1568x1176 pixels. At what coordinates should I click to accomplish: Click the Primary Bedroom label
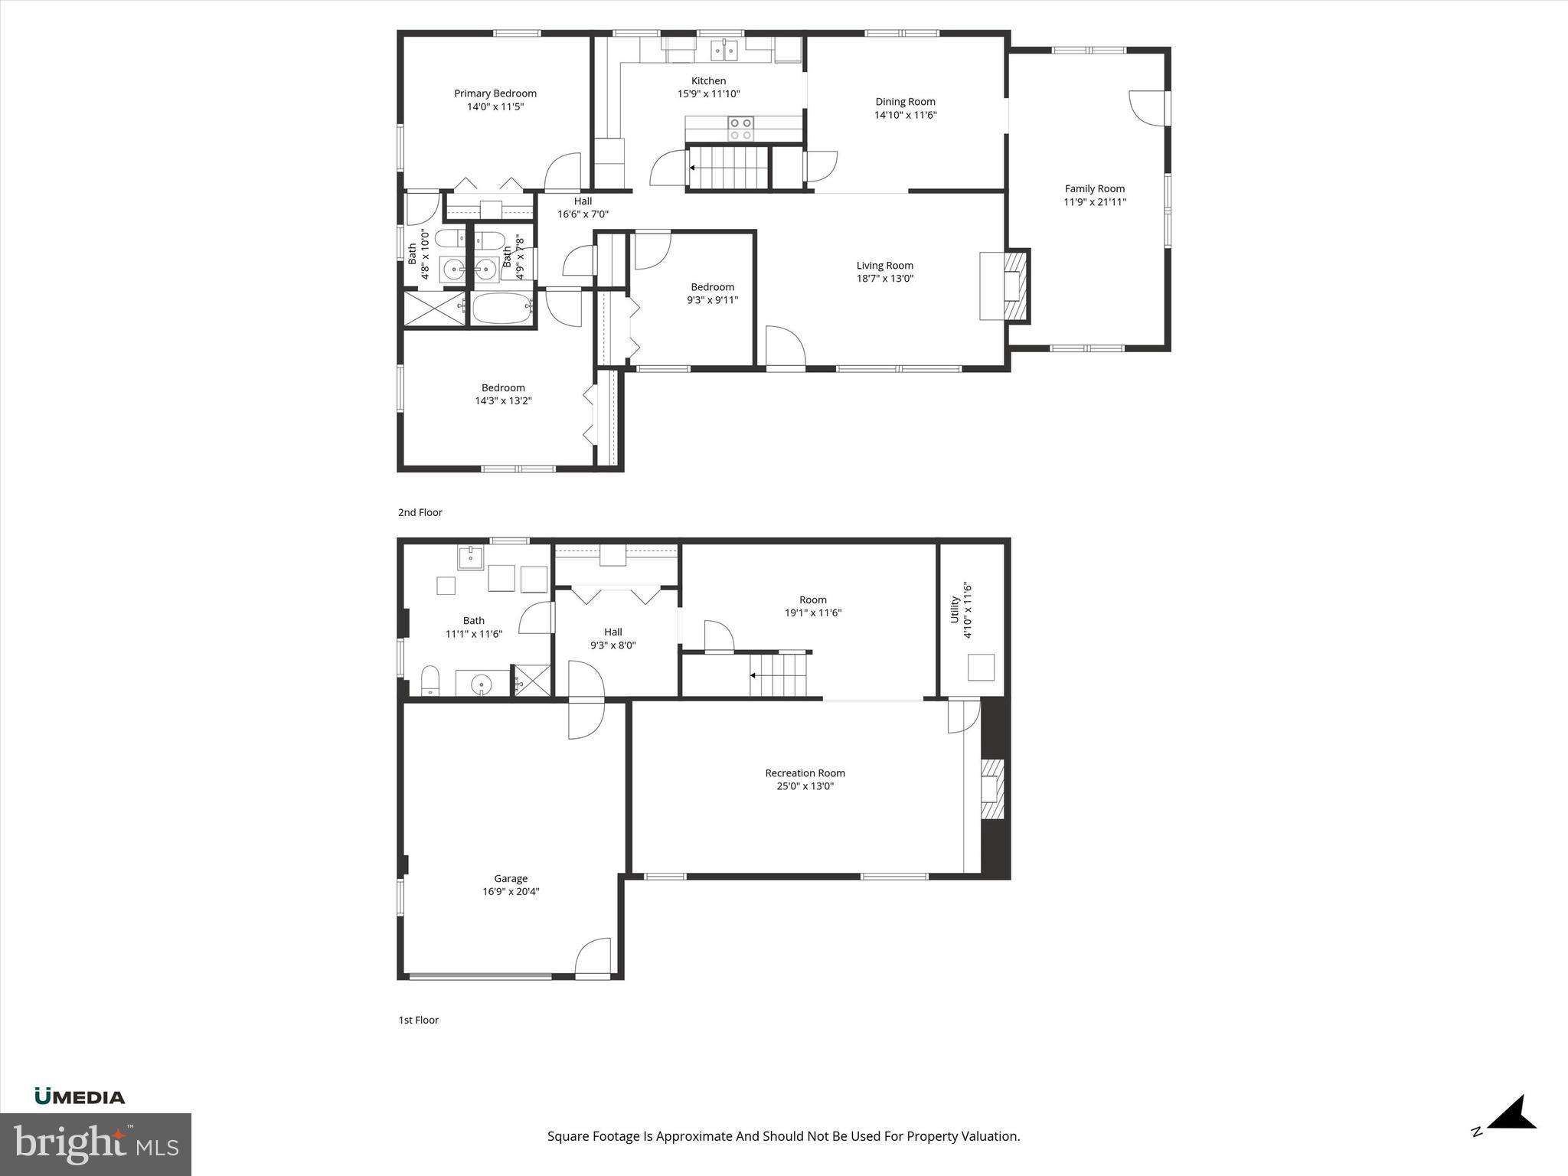(495, 93)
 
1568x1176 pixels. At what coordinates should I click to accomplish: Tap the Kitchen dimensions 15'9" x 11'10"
(708, 94)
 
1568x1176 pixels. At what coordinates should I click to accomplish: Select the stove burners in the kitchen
(740, 129)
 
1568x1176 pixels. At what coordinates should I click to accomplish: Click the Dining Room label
(905, 101)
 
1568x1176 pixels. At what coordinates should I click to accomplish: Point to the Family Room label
(1094, 188)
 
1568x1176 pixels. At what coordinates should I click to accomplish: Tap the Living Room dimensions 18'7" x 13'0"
(884, 279)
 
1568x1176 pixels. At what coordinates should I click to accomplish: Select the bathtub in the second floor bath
(501, 309)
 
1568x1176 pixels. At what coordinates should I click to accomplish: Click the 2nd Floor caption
(420, 512)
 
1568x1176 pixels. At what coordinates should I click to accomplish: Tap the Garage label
(511, 878)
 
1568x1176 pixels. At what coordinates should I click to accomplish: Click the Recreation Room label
(805, 773)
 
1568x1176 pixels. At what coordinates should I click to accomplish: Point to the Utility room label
(955, 609)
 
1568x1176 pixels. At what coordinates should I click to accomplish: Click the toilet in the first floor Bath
(430, 680)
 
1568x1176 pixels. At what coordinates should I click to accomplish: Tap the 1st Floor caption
(418, 1020)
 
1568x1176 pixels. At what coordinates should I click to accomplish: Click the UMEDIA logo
(80, 1097)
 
